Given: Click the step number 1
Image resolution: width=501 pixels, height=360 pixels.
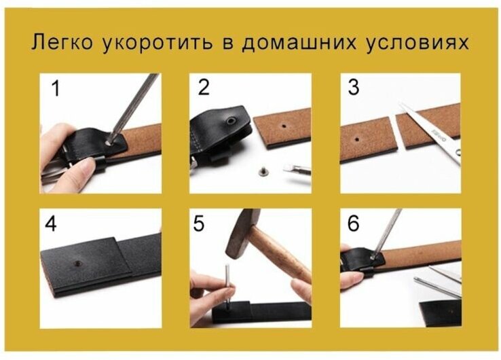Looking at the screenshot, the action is (x=56, y=88).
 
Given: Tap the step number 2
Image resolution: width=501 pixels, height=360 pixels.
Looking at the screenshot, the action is (x=204, y=87).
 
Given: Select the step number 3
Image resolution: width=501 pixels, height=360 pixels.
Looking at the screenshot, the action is (x=354, y=87).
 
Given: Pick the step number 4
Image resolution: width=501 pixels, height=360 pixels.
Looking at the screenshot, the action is (x=51, y=223).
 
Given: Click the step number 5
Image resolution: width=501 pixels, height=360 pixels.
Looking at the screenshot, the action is (x=198, y=223).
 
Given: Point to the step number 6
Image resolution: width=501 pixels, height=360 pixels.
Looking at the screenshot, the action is (x=354, y=223).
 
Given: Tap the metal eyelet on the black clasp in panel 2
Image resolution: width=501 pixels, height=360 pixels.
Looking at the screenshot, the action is (x=231, y=121).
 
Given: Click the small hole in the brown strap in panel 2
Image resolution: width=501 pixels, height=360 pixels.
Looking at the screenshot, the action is (x=284, y=126).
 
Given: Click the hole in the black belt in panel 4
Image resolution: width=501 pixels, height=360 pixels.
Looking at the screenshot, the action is (x=77, y=264).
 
